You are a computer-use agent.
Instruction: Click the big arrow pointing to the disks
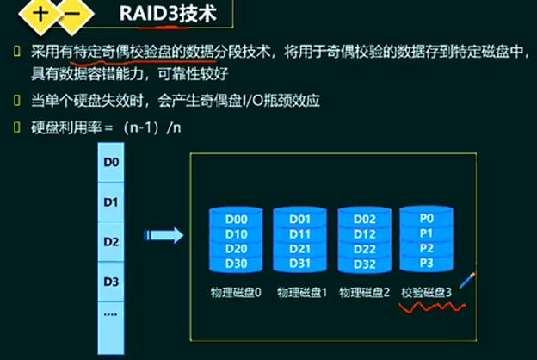[x=164, y=234]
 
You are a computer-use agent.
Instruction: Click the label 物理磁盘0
[x=235, y=293]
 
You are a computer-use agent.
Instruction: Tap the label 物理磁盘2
[x=365, y=293]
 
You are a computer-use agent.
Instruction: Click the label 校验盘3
[x=426, y=293]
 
